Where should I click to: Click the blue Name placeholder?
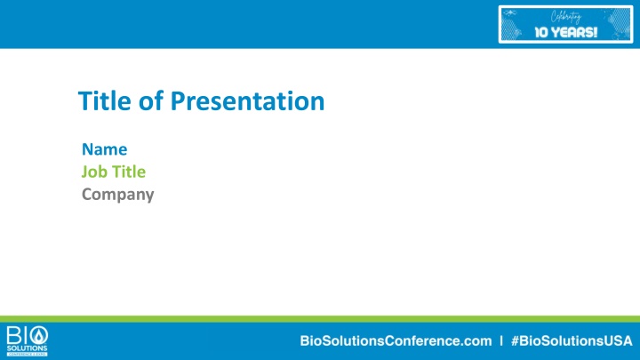[x=104, y=148]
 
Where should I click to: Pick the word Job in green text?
[x=94, y=172]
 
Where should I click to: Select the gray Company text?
[x=117, y=194]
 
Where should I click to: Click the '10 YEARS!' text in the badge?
[x=565, y=33]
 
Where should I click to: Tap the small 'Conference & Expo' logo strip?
[x=27, y=353]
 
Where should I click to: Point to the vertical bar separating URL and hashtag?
[x=502, y=340]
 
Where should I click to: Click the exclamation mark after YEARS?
[x=595, y=33]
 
